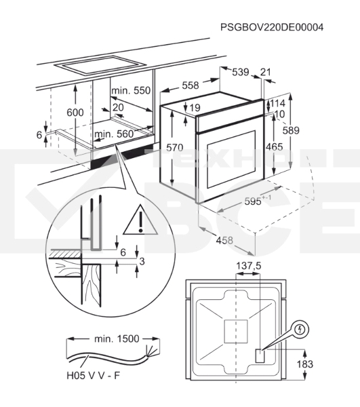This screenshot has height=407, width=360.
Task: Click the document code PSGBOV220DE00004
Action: tap(272, 27)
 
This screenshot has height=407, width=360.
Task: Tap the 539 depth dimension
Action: tap(241, 72)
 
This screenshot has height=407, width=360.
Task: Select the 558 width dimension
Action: tap(191, 85)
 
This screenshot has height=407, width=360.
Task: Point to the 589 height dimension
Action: tap(291, 130)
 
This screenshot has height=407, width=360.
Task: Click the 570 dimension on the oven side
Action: tap(174, 148)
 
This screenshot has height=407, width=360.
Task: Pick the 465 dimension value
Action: tap(275, 147)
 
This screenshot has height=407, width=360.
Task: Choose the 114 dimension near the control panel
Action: tap(278, 103)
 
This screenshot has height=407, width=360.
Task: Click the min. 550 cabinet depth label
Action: tap(131, 91)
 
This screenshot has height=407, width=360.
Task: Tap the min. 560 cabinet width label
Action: tap(114, 134)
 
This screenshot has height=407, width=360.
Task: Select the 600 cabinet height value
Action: tap(75, 113)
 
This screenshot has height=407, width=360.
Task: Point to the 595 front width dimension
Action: tap(258, 200)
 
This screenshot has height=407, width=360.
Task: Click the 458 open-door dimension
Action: tap(224, 240)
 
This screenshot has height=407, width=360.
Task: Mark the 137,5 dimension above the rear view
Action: tap(248, 266)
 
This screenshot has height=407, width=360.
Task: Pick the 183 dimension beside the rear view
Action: tap(305, 364)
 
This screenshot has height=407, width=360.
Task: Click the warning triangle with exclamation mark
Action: tap(140, 220)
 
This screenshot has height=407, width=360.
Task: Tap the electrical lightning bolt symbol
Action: tap(300, 330)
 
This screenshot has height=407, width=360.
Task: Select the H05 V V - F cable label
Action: tap(94, 375)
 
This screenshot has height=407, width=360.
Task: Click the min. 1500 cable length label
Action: tap(117, 338)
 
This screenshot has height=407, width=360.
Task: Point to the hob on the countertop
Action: tap(100, 65)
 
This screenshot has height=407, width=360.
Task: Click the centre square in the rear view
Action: tap(236, 331)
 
